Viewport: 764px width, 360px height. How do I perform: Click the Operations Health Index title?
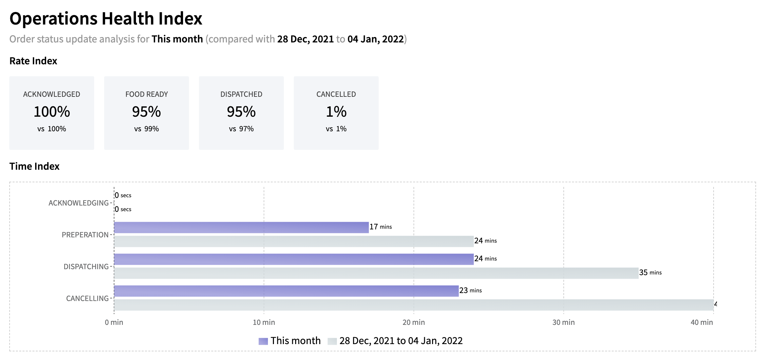[106, 19]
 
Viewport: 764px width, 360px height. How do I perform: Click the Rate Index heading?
[33, 61]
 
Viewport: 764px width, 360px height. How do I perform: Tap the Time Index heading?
[34, 166]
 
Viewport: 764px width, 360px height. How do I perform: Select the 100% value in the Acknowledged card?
[52, 112]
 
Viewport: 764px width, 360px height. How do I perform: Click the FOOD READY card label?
[147, 94]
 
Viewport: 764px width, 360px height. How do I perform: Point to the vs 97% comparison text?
[241, 129]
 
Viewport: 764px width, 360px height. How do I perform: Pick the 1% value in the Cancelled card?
[336, 112]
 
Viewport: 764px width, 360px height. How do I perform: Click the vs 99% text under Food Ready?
[147, 129]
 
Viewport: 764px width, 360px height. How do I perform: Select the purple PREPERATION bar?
[241, 227]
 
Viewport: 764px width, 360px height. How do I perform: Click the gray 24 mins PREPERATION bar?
[293, 241]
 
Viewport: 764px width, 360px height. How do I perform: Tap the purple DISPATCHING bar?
[293, 259]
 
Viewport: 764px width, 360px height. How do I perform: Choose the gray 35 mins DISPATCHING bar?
[376, 273]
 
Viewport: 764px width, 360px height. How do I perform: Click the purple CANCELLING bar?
[286, 291]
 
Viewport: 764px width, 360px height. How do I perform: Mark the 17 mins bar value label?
[381, 227]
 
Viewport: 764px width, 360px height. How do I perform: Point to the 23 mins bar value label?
[471, 290]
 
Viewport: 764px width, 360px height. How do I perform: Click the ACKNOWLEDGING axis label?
[79, 203]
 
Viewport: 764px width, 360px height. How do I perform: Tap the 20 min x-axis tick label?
[414, 322]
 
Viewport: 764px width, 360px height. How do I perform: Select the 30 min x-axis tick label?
[563, 322]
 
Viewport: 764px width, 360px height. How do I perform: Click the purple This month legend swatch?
[263, 341]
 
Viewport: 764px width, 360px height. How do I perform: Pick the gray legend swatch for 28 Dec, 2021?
[332, 341]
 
